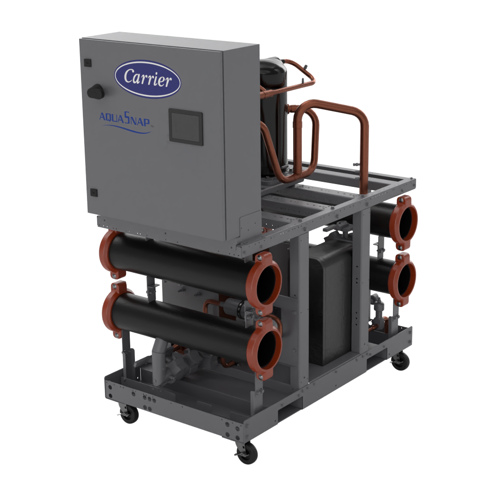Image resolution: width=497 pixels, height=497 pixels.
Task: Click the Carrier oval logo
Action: pyautogui.click(x=147, y=79)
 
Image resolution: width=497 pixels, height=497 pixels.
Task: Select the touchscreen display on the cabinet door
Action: pyautogui.click(x=186, y=127)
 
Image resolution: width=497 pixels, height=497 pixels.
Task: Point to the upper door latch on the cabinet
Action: pyautogui.click(x=88, y=63)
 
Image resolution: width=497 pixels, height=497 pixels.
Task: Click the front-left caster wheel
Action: pyautogui.click(x=129, y=414)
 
